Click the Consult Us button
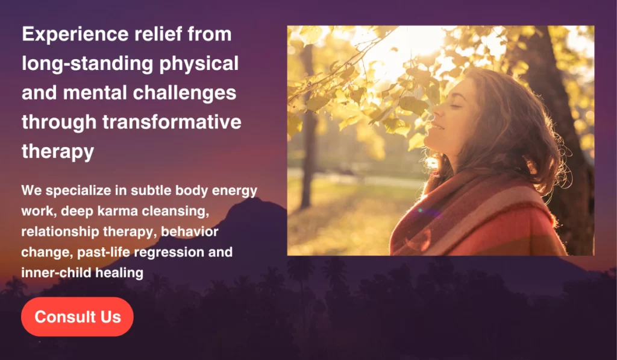pos(77,317)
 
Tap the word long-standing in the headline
pos(87,65)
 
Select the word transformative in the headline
pos(172,122)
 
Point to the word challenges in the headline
pos(184,93)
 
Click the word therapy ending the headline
pos(58,152)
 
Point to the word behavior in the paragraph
pos(189,232)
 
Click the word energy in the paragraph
pos(234,191)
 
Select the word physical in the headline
pos(199,65)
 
